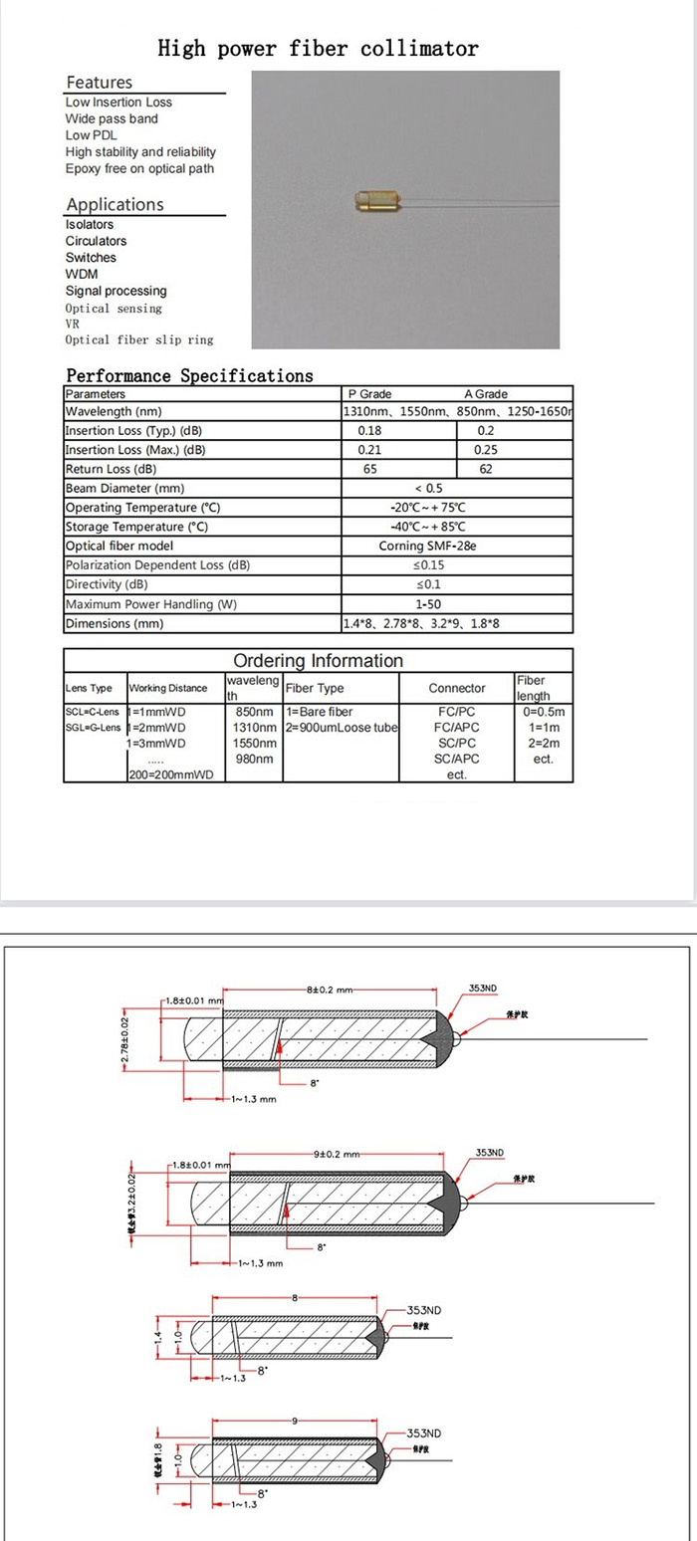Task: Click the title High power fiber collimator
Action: [x=319, y=48]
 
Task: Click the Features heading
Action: [x=99, y=83]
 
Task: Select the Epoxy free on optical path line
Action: [x=139, y=168]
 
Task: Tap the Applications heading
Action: [x=115, y=204]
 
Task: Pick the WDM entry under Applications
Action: [x=82, y=274]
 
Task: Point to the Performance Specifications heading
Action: [x=189, y=375]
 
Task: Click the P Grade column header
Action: [x=369, y=394]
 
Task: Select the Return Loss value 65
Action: [x=369, y=469]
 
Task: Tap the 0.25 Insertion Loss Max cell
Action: [x=486, y=450]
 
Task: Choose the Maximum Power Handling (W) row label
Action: [x=151, y=604]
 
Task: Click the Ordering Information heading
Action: [x=318, y=661]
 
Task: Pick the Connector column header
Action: [x=457, y=688]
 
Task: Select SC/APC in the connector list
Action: [x=457, y=759]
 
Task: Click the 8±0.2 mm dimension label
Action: [x=330, y=991]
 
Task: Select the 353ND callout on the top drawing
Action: [x=482, y=988]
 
